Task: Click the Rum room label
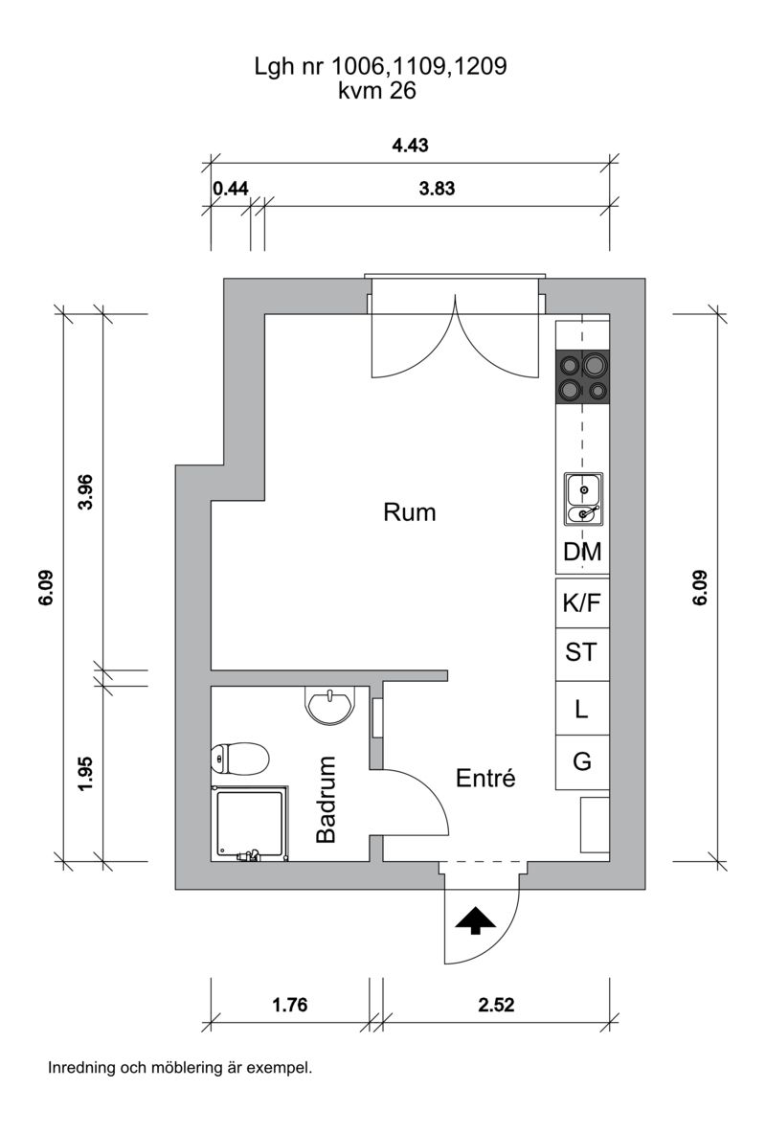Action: pyautogui.click(x=410, y=512)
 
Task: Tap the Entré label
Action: pyautogui.click(x=485, y=778)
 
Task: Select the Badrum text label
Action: pyautogui.click(x=327, y=799)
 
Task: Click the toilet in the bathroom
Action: pyautogui.click(x=240, y=759)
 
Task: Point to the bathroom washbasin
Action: pyautogui.click(x=331, y=705)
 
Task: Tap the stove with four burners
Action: pyautogui.click(x=582, y=376)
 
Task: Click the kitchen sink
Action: pyautogui.click(x=583, y=499)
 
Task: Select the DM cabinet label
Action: pyautogui.click(x=582, y=552)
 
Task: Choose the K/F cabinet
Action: pyautogui.click(x=582, y=603)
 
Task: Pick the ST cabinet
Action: pyautogui.click(x=582, y=654)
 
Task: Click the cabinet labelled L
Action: pyautogui.click(x=582, y=708)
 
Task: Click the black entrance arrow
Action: pyautogui.click(x=476, y=919)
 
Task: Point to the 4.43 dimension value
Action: pyautogui.click(x=410, y=146)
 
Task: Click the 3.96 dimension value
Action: pyautogui.click(x=86, y=491)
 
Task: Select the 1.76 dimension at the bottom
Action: pyautogui.click(x=289, y=1005)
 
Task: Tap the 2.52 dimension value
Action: pyautogui.click(x=496, y=1005)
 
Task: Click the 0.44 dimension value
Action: pyautogui.click(x=231, y=189)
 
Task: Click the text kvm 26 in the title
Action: pyautogui.click(x=377, y=91)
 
